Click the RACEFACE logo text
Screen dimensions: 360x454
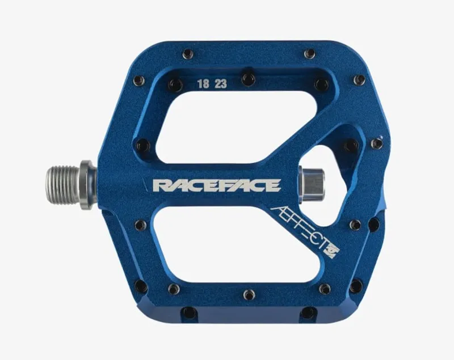(x=217, y=185)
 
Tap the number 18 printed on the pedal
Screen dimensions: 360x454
(x=203, y=84)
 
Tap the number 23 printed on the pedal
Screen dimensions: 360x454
(x=221, y=84)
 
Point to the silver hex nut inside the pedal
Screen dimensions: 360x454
(x=313, y=184)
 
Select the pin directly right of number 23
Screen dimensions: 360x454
(x=248, y=78)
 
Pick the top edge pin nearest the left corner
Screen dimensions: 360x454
(x=188, y=54)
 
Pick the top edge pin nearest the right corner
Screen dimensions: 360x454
(x=309, y=54)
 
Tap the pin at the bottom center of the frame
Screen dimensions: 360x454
(x=249, y=295)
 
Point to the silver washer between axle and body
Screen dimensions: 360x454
(x=87, y=185)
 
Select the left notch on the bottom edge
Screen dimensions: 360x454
(x=189, y=312)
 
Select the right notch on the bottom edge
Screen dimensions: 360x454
(x=308, y=312)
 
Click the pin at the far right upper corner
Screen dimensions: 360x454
(x=359, y=80)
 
